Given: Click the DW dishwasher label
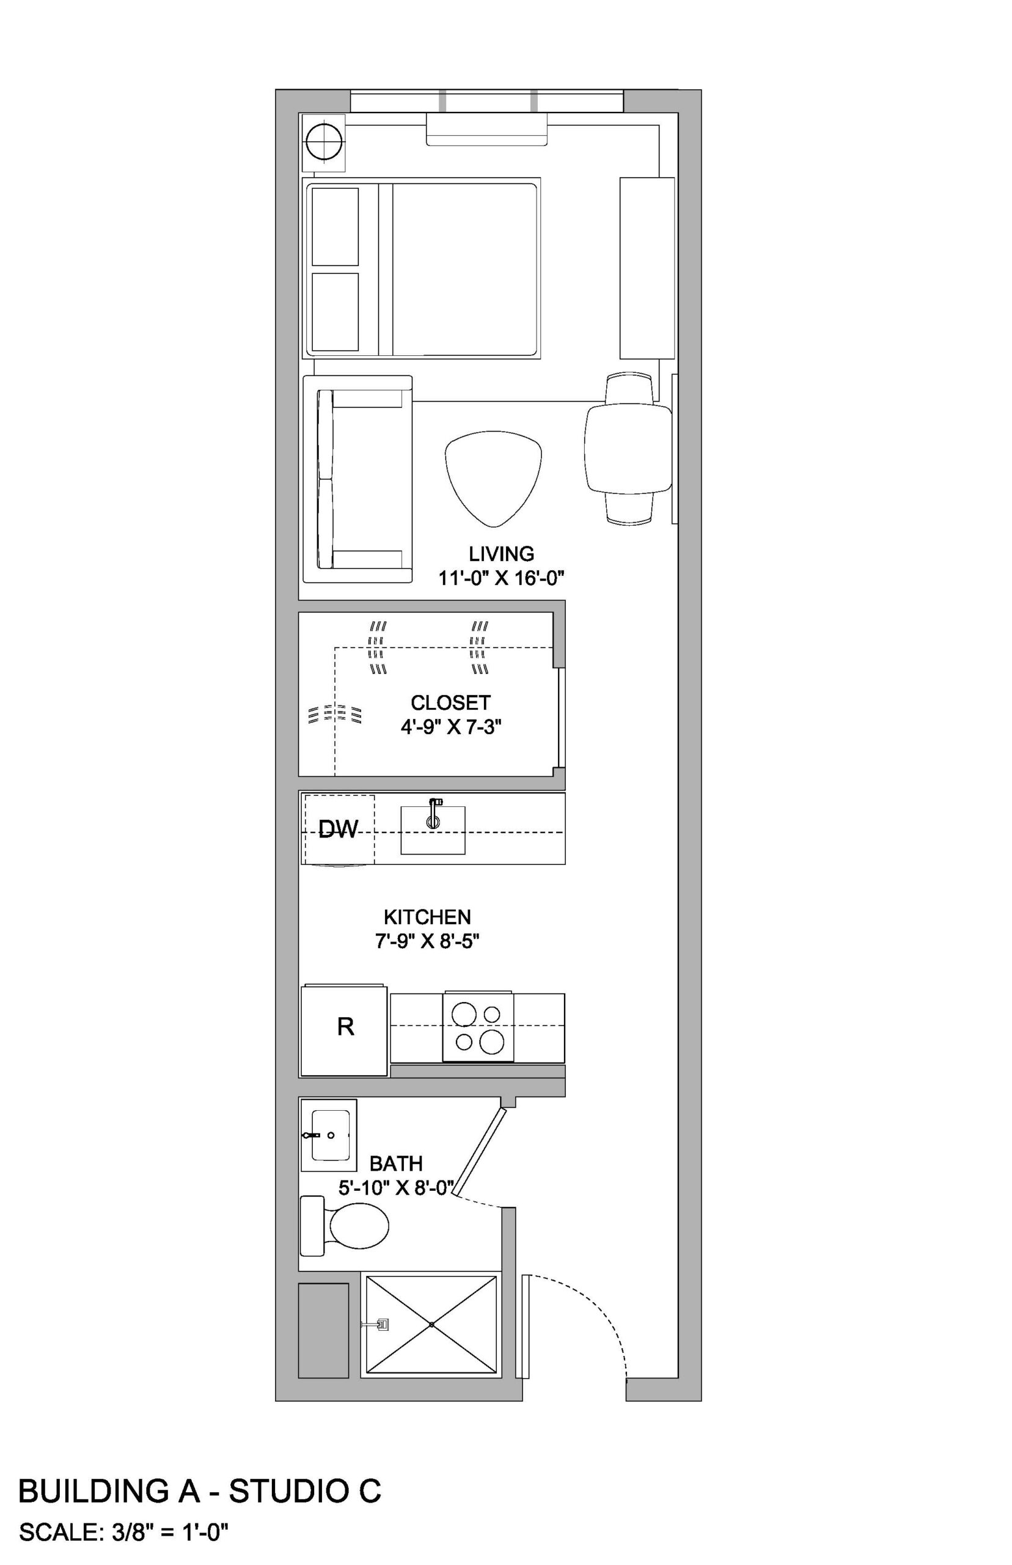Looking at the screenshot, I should tap(338, 830).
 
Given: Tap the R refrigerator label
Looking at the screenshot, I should tap(346, 1026).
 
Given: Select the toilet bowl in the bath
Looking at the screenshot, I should tap(358, 1225).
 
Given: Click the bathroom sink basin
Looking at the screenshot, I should tap(331, 1135).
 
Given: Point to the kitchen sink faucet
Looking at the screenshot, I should tap(433, 812).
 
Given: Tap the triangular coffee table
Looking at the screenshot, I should tap(494, 479).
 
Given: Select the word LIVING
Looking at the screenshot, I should tap(501, 553).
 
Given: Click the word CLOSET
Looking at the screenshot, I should tap(451, 702).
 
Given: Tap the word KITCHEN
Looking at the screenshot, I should tap(427, 917).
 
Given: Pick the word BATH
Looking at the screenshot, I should tap(395, 1164).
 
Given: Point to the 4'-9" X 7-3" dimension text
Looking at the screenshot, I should tap(451, 727).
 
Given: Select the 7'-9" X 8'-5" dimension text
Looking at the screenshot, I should tap(427, 942).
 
